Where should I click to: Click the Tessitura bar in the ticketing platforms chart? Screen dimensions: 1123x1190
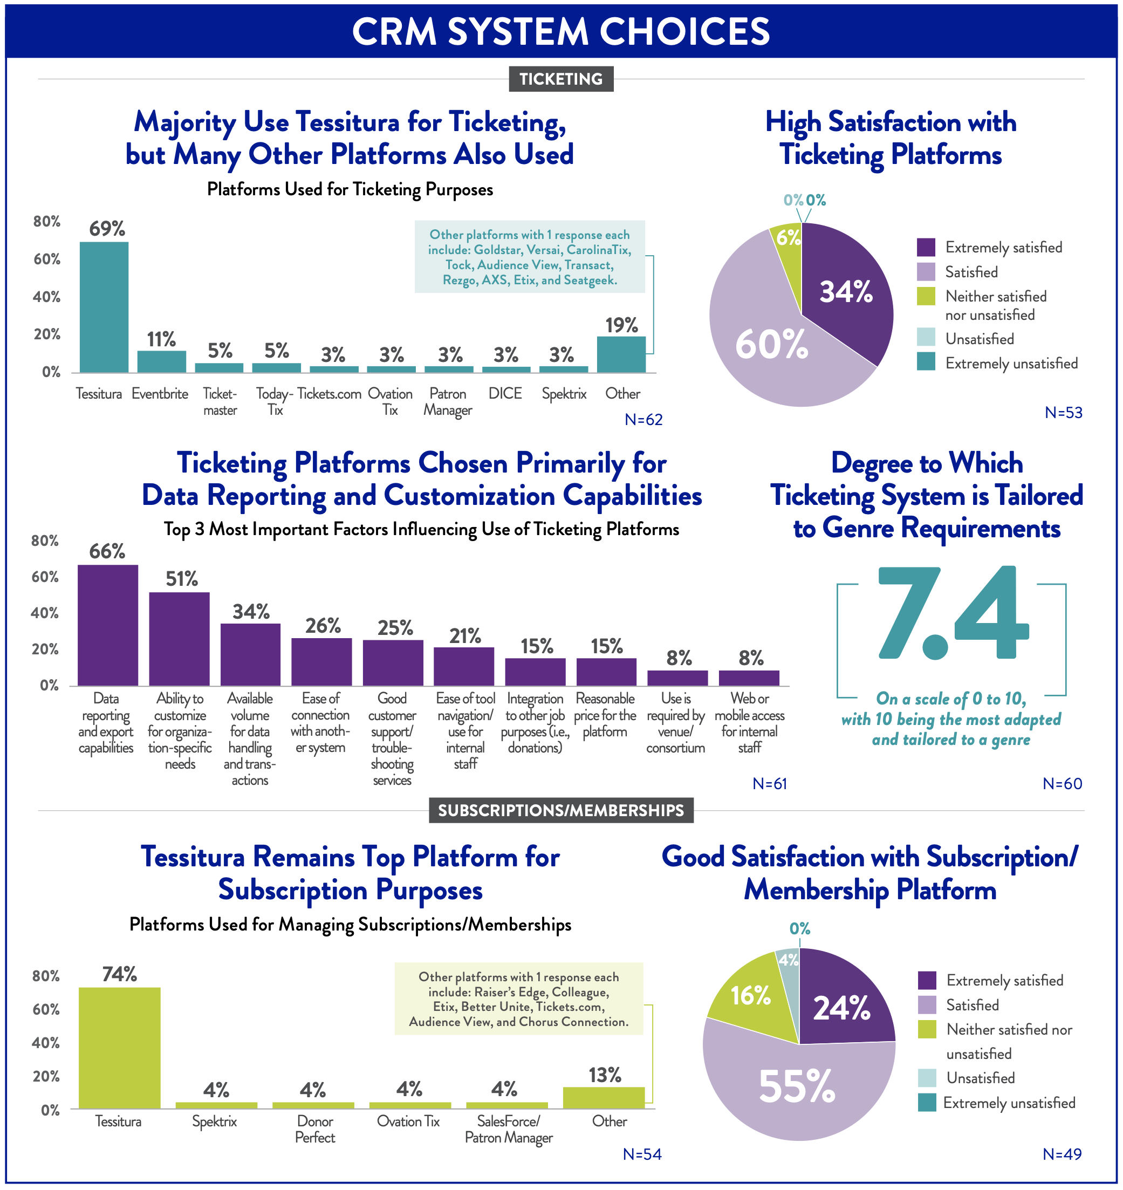coord(104,307)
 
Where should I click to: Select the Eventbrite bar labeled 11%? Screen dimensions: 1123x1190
coord(162,361)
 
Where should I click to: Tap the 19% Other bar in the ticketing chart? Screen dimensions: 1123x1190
coord(621,354)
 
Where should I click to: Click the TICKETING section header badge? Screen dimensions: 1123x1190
coord(561,79)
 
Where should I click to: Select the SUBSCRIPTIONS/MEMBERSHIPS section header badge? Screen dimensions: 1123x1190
coord(561,810)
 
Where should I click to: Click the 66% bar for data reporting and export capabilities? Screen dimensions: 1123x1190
coord(108,625)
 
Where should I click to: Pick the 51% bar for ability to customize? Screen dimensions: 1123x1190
coord(179,639)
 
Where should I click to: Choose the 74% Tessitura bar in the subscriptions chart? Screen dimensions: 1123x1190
coord(120,1048)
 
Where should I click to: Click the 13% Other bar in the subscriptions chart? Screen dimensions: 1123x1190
coord(604,1098)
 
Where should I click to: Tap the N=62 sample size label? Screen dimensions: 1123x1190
coord(643,420)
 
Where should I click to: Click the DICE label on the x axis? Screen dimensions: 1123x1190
coord(505,393)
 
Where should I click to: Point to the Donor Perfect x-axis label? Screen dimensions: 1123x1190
coord(315,1129)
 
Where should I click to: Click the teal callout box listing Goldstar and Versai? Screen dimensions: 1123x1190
coord(530,257)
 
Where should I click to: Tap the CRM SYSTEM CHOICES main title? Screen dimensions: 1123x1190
coord(561,31)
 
